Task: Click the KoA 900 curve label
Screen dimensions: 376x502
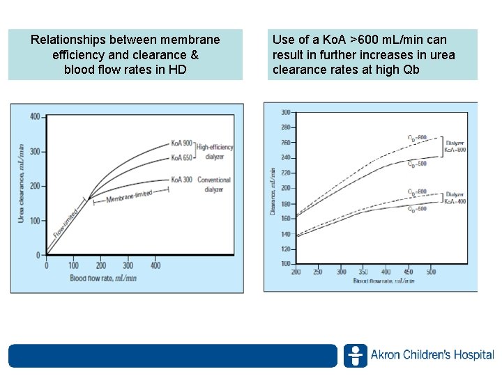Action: tap(183, 143)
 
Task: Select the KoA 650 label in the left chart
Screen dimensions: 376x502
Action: tap(183, 158)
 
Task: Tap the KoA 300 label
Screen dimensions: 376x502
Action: tap(183, 180)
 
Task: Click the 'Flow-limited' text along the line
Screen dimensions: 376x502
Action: tap(67, 223)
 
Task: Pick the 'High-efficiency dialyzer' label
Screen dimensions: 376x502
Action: tap(215, 152)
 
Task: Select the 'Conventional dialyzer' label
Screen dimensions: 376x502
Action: tap(213, 185)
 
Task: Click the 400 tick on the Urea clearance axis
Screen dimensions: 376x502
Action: tap(34, 117)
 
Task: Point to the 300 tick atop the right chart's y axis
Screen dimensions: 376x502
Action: tap(285, 112)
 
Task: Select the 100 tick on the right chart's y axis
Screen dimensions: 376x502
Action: tap(285, 263)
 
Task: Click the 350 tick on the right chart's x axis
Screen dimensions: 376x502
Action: tap(363, 272)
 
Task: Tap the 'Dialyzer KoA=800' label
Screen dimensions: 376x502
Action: tap(455, 146)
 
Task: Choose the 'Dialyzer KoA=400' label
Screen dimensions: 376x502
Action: tap(455, 197)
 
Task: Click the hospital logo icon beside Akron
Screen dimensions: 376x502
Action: tap(355, 355)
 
